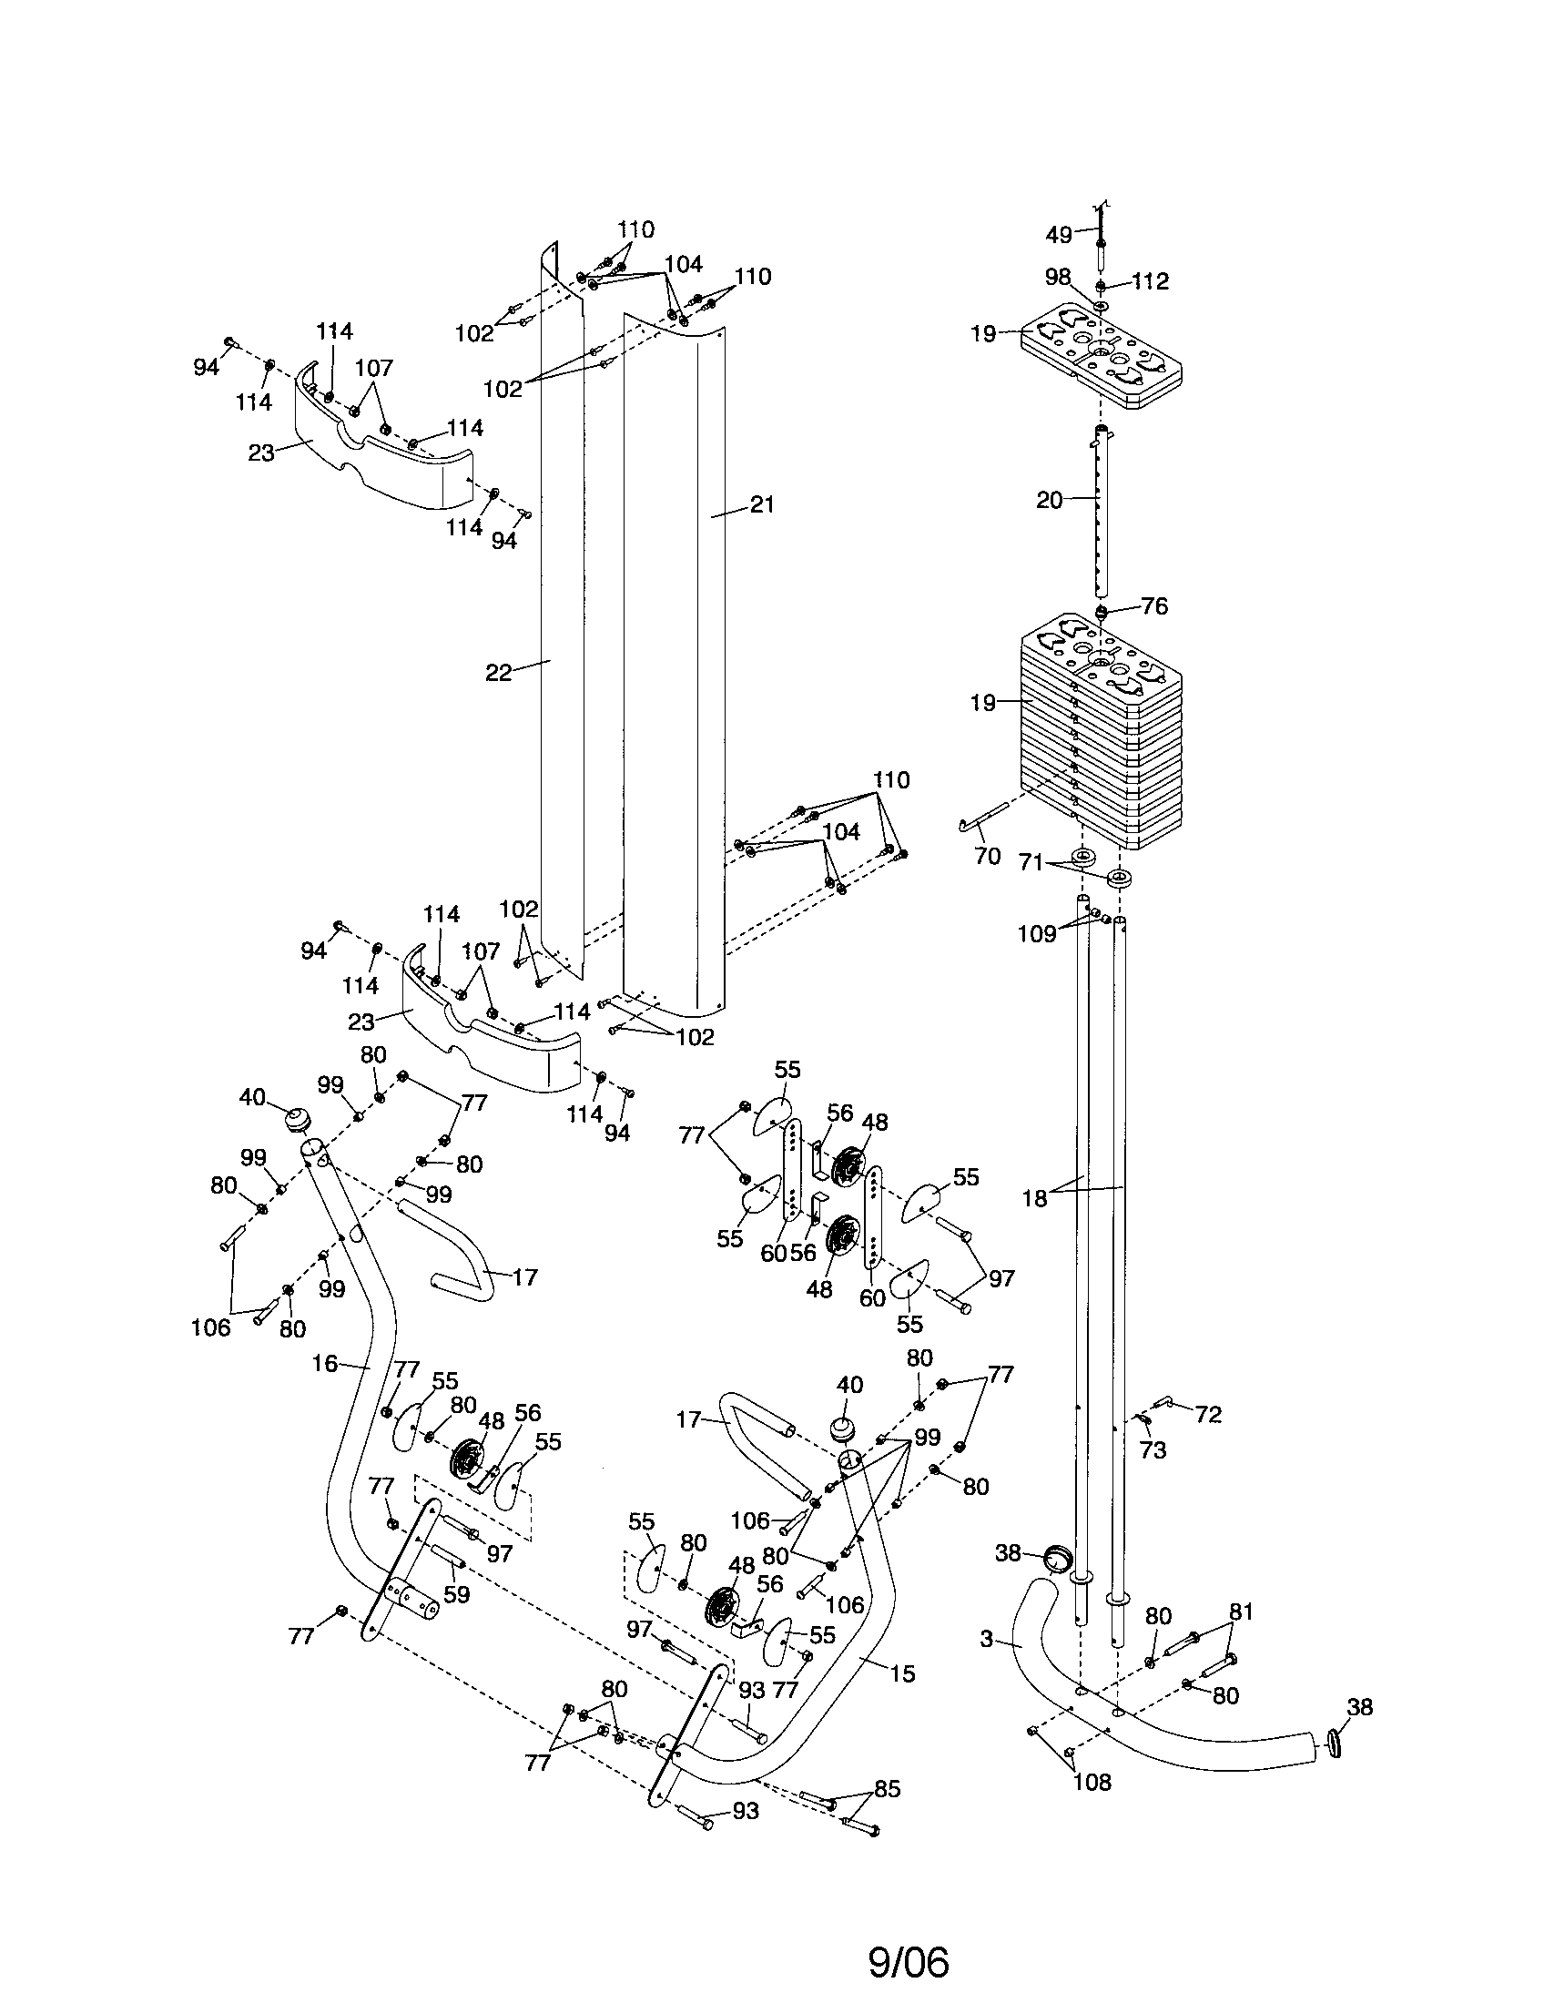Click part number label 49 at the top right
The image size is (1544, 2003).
coord(1058,235)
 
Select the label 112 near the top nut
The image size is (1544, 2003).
coord(1150,281)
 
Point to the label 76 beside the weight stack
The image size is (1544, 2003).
coord(1153,606)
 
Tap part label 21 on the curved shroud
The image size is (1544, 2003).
coord(762,504)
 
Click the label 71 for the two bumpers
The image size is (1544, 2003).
coord(1031,862)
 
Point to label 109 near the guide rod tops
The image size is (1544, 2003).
coord(1036,933)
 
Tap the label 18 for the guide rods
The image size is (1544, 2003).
coord(1034,1198)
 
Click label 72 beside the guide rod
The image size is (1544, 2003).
coord(1208,1415)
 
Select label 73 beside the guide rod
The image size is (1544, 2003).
coord(1153,1450)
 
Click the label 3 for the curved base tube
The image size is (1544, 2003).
coord(986,1639)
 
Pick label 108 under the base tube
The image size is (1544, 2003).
coord(1091,1782)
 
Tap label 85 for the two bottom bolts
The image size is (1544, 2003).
coord(887,1789)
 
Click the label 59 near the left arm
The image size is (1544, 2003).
coord(456,1594)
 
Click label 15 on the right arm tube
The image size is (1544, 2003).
coord(902,1673)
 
